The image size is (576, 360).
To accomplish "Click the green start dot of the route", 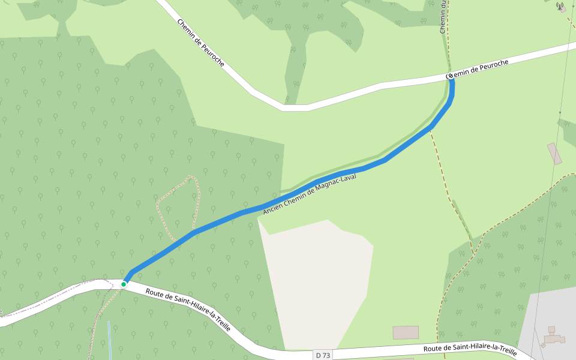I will coord(124,284).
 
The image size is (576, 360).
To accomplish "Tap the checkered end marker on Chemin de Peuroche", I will coord(450,76).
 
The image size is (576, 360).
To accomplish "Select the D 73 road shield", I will coord(323,355).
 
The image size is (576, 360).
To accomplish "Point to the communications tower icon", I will coord(560,7).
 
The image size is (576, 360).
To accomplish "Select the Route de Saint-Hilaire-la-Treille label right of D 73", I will coord(470,349).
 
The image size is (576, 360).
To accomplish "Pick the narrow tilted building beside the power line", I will coord(555,153).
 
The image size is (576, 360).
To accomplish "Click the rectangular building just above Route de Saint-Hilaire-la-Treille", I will coord(406,332).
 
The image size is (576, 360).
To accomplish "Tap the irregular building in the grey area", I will coord(554,338).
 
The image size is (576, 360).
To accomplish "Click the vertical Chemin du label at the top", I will coord(443,17).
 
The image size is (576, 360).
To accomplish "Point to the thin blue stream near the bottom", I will coord(109,339).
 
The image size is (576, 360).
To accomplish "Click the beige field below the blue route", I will coord(315,276).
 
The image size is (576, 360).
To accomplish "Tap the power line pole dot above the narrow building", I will coord(560,112).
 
